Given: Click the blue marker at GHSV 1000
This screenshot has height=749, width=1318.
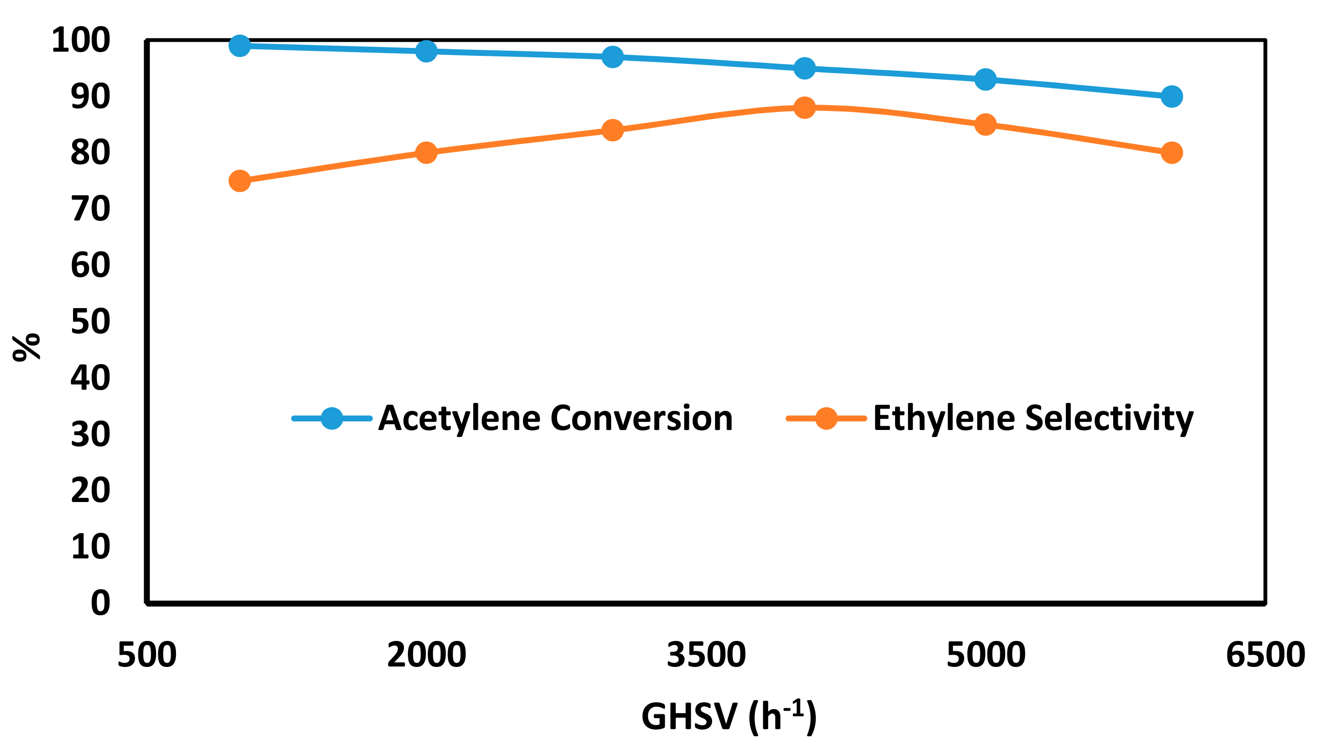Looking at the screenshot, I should (240, 46).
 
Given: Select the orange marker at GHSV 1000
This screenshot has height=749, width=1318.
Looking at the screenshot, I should (240, 181).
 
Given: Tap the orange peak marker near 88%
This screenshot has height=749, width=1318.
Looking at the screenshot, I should (805, 108).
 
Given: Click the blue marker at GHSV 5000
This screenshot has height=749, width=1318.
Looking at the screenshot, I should (985, 79).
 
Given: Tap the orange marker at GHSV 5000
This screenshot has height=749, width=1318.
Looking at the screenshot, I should (985, 125).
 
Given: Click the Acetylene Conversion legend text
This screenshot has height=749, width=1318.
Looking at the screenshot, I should (556, 418).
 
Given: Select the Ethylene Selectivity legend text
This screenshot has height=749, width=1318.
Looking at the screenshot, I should (1033, 418).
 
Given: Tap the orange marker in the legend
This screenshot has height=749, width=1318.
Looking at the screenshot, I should (826, 418).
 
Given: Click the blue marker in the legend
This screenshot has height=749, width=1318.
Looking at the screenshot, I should (332, 418).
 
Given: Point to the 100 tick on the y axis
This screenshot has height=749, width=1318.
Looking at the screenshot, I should (81, 40).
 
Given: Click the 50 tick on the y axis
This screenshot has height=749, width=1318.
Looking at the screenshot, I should (91, 321).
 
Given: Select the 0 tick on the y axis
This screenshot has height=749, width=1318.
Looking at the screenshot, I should (101, 603).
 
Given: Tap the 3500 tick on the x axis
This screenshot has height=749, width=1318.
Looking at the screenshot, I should (706, 655).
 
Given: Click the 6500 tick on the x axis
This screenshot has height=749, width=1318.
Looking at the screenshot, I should (1265, 655).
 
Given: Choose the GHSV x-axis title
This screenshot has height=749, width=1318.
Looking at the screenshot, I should (728, 716).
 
